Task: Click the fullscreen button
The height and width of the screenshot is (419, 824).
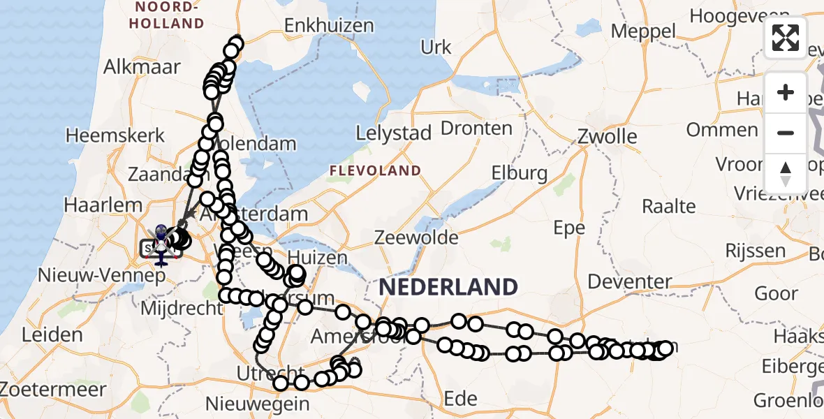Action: point(786,38)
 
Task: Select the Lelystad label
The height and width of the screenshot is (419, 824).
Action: point(394,134)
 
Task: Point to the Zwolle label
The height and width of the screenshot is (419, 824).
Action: point(608,136)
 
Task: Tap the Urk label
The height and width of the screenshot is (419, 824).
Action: point(436,47)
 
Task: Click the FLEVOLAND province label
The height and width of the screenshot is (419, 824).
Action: point(375,170)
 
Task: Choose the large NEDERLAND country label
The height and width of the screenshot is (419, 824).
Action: point(448,287)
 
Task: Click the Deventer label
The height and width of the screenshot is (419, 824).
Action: point(630,282)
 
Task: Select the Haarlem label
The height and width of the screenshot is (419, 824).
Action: point(103,206)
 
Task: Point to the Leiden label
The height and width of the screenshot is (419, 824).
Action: point(52,335)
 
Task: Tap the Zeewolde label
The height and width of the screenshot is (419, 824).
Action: point(416,237)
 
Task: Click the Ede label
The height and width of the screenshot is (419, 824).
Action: point(460,399)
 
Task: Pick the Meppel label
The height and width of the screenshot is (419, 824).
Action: point(643,31)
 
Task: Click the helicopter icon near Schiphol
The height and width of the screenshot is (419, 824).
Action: point(161,244)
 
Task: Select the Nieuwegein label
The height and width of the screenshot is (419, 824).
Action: point(258,403)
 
